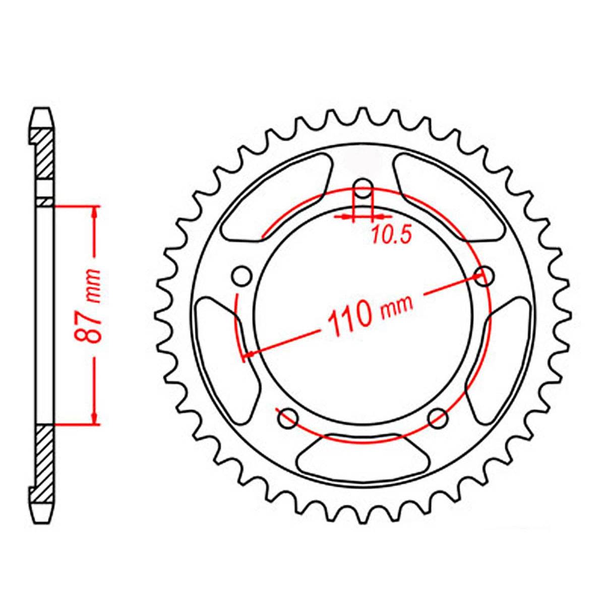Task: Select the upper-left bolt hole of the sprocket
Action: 242,276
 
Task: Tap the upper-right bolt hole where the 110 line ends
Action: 485,276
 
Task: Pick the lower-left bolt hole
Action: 288,417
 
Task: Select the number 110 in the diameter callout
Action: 349,317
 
